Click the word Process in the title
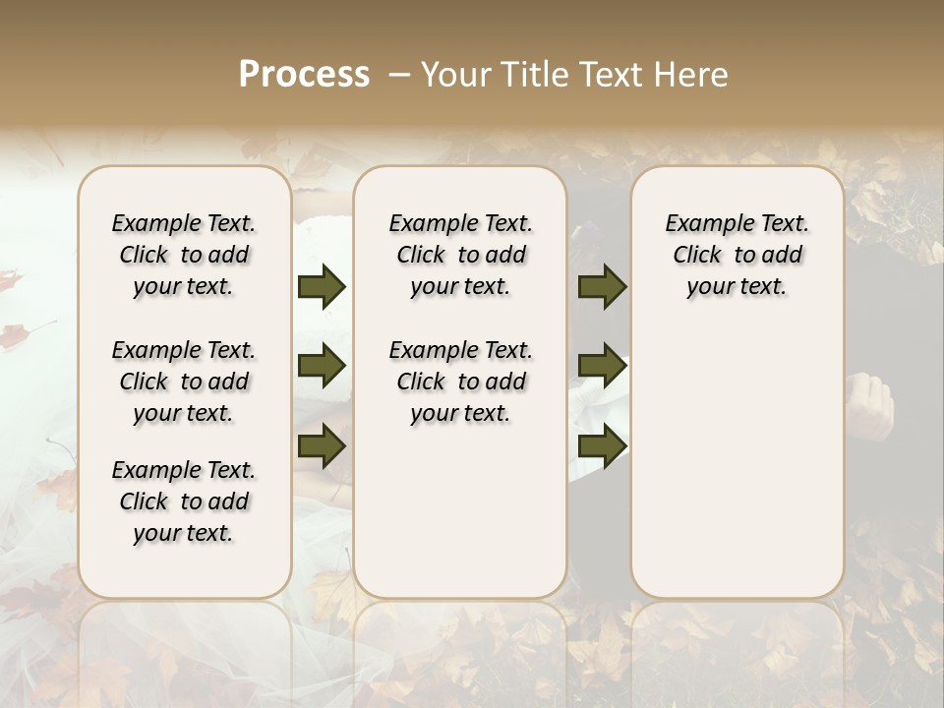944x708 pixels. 304,75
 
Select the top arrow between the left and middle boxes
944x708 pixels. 322,287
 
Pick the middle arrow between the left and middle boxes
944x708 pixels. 322,367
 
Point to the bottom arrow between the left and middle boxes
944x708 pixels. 322,447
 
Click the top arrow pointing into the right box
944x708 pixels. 602,287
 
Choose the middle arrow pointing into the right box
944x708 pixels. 602,367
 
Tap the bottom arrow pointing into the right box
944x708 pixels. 602,447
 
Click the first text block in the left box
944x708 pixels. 184,255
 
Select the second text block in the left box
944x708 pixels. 184,382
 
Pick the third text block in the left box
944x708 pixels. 184,501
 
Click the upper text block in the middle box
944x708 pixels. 461,255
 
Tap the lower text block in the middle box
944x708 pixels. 461,382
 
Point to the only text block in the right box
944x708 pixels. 737,255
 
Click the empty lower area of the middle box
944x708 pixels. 460,511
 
